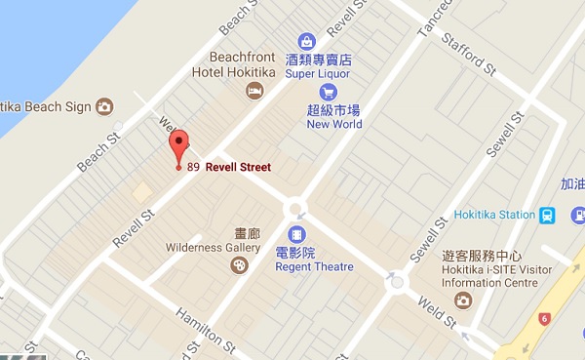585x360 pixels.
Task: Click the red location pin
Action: tap(177, 148)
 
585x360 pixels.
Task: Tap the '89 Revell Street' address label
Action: tap(229, 167)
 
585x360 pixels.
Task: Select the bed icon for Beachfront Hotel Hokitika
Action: tap(254, 91)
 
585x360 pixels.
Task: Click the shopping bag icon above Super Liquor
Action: tap(307, 42)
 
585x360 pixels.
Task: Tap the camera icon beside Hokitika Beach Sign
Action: tap(104, 105)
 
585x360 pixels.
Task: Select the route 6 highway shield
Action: tap(544, 318)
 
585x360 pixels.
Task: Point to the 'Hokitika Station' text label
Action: tap(495, 215)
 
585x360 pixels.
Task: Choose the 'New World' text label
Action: tap(334, 124)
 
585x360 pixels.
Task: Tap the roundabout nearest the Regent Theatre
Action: tap(294, 208)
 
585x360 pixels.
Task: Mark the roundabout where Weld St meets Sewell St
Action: tap(396, 282)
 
